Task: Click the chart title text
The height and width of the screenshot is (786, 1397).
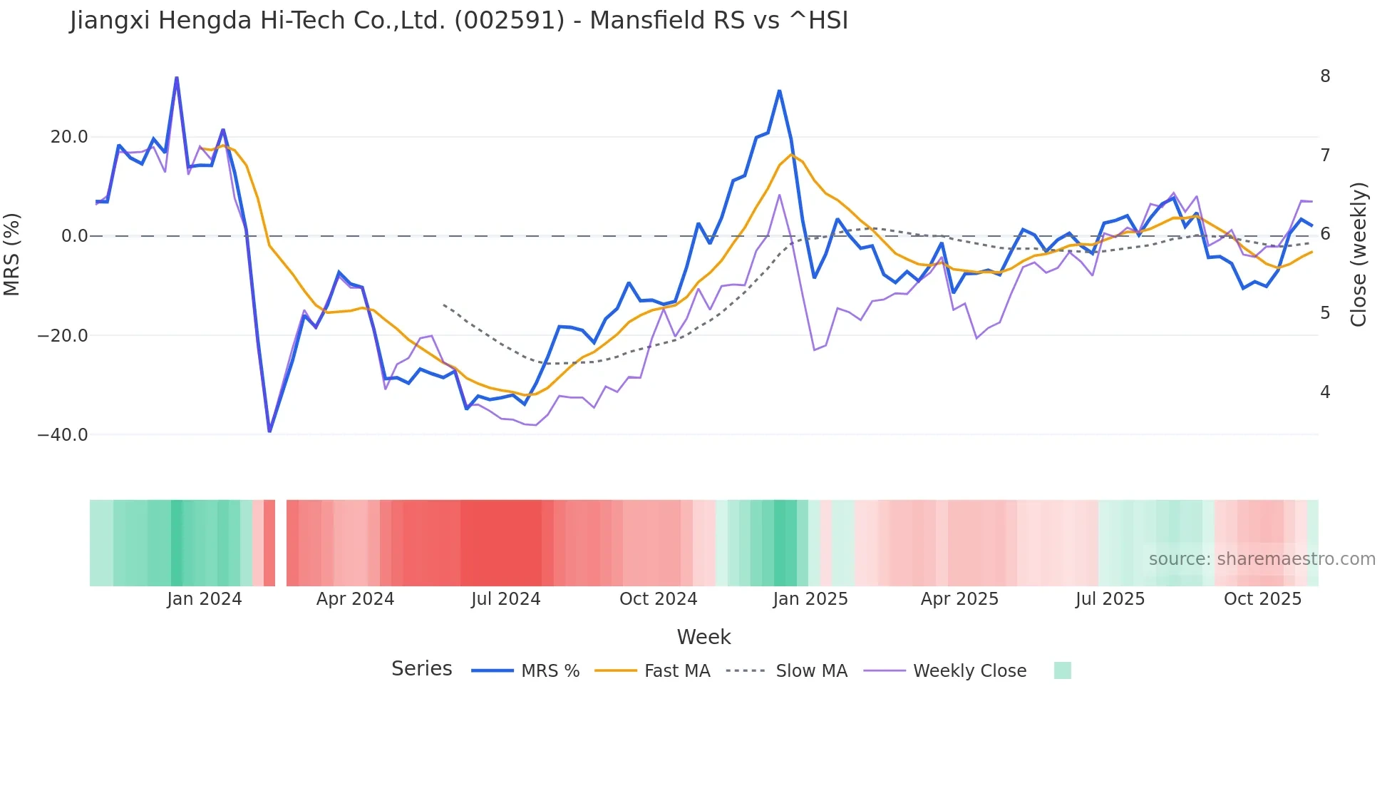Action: pyautogui.click(x=459, y=21)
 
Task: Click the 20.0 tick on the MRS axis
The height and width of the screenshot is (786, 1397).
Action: pyautogui.click(x=69, y=137)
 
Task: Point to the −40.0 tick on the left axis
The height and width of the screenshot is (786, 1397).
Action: pyautogui.click(x=63, y=435)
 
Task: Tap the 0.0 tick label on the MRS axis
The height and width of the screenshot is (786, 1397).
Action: pyautogui.click(x=75, y=236)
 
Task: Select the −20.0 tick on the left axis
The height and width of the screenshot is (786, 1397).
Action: pyautogui.click(x=63, y=335)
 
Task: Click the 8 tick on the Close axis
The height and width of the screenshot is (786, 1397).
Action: pyautogui.click(x=1325, y=76)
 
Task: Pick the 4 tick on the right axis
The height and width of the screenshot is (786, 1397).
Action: pyautogui.click(x=1325, y=392)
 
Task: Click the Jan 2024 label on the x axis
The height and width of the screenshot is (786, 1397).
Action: pyautogui.click(x=205, y=599)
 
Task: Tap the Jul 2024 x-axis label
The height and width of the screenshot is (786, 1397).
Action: pyautogui.click(x=506, y=599)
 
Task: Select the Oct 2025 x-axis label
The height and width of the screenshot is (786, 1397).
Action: pyautogui.click(x=1262, y=599)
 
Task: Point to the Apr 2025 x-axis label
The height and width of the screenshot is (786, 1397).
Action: pyautogui.click(x=959, y=599)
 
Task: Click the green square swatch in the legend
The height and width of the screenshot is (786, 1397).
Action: pyautogui.click(x=1062, y=670)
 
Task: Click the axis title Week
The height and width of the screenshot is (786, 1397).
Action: pyautogui.click(x=703, y=637)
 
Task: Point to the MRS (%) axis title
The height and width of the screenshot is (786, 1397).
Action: pyautogui.click(x=12, y=254)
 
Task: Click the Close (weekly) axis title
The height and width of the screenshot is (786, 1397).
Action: pyautogui.click(x=1359, y=254)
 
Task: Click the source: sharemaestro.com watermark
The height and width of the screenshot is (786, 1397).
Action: pyautogui.click(x=1262, y=559)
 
